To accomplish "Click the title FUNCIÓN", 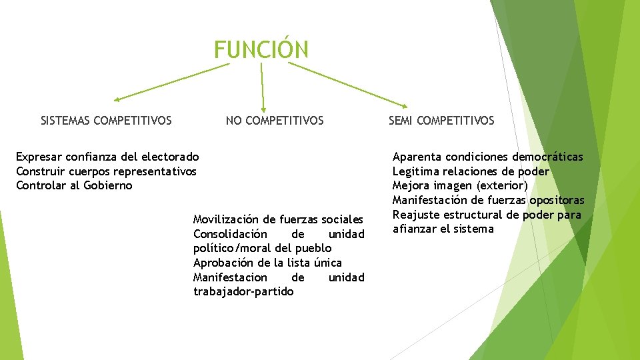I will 261,49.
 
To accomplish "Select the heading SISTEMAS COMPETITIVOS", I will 106,121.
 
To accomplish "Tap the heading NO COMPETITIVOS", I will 275,121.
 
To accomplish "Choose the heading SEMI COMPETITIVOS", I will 441,121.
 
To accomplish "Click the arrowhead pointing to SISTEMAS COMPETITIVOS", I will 117,99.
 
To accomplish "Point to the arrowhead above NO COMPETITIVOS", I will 264,109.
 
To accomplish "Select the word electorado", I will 167,157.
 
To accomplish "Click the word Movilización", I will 226,219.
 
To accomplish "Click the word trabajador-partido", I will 243,291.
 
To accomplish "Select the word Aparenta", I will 417,157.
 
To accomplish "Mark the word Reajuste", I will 415,215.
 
